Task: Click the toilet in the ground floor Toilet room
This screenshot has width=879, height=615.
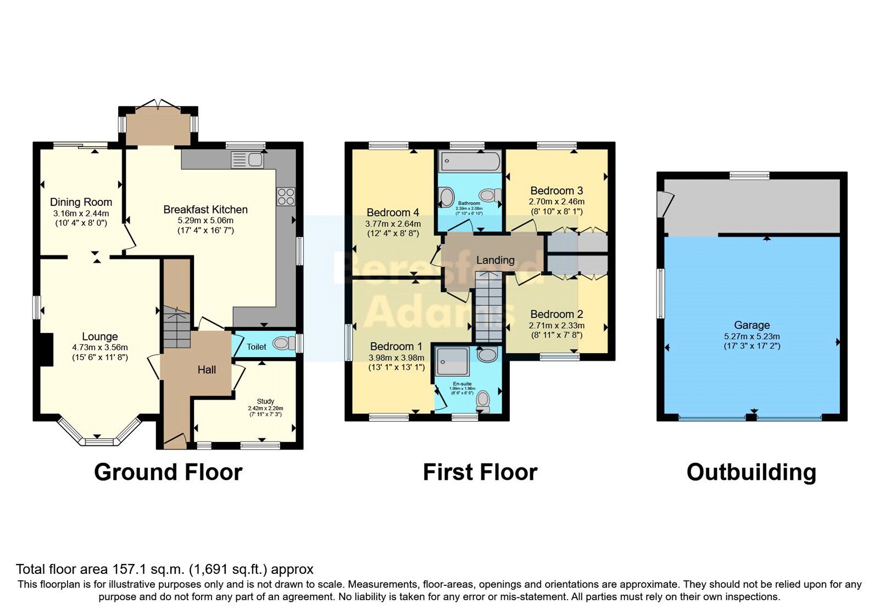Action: (282, 344)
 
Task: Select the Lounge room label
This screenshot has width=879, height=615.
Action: (100, 337)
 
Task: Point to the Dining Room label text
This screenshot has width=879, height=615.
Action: (81, 202)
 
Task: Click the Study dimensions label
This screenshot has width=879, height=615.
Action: (265, 411)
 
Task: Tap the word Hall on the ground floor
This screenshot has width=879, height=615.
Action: (207, 370)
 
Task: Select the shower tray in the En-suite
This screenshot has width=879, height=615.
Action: (452, 361)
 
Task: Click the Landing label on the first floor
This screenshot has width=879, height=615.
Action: (495, 260)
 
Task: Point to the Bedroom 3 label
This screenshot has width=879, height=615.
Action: (557, 191)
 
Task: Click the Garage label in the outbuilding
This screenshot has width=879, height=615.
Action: (752, 325)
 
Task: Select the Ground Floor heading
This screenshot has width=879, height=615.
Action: (168, 472)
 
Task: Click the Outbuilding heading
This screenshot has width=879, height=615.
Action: (751, 472)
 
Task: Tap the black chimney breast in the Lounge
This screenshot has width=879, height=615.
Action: (46, 350)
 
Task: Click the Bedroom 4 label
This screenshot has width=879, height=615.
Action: (393, 213)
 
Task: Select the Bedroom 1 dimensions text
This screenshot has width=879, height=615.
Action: (396, 362)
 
